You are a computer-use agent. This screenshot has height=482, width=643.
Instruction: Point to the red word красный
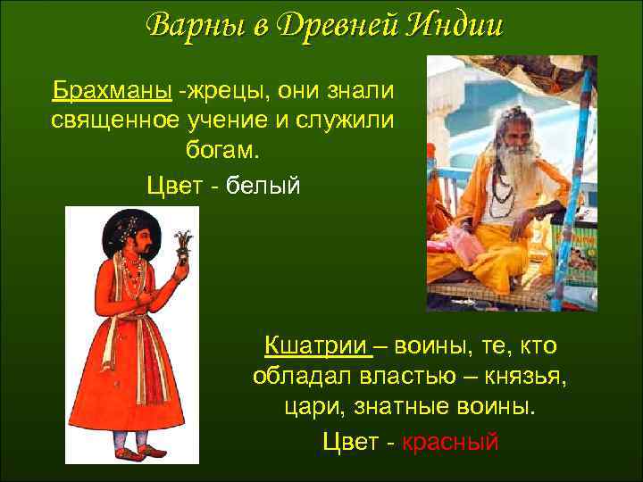click(450, 442)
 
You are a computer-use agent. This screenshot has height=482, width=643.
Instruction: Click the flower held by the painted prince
click(184, 243)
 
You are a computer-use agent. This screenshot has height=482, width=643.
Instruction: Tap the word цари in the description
click(295, 409)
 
